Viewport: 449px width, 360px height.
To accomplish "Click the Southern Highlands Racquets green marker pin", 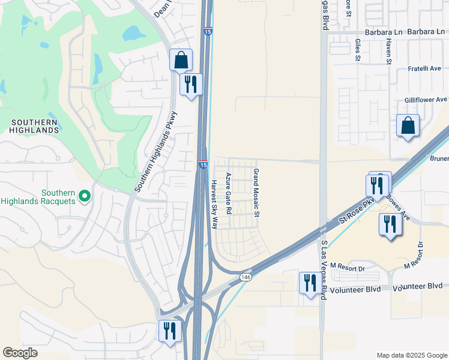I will pos(85,195).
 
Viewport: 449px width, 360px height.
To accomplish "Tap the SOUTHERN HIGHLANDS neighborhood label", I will pos(34,126).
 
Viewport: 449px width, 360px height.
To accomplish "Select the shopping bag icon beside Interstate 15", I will pos(181,61).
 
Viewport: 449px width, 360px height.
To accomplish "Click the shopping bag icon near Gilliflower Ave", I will pos(408,126).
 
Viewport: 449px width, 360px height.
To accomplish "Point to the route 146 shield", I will pos(245,277).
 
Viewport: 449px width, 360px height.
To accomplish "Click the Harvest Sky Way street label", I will pos(214,204).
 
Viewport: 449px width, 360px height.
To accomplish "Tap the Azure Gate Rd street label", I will pos(228,194).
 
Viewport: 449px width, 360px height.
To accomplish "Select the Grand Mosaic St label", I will pos(256,193).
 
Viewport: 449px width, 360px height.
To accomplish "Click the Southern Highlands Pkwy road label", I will pos(156,151).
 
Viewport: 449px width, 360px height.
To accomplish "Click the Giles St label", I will pos(357,50).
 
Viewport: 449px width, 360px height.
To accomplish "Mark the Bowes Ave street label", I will pos(398,206).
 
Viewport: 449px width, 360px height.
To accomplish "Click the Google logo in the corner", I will pos(20,353).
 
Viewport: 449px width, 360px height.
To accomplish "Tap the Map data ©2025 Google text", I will pos(411,355).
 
